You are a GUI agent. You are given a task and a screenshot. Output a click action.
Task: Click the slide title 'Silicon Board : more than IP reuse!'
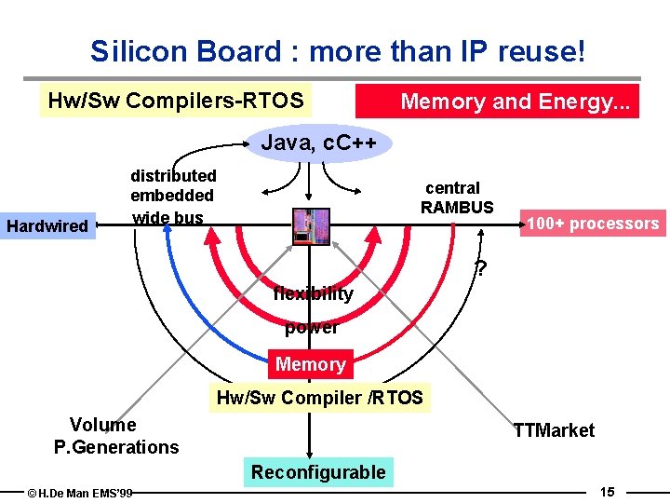click(x=338, y=51)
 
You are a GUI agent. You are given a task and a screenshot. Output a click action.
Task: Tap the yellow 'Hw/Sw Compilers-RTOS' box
click(x=176, y=101)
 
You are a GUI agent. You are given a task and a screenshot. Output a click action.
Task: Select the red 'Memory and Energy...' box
click(x=499, y=102)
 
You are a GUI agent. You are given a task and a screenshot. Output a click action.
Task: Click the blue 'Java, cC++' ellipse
click(x=319, y=144)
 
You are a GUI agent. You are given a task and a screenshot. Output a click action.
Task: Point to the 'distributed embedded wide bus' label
click(x=173, y=197)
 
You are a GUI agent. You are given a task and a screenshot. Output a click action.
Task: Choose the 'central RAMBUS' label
click(x=456, y=197)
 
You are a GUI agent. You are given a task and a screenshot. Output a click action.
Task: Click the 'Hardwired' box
click(x=47, y=225)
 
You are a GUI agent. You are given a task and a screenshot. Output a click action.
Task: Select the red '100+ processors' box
click(x=593, y=224)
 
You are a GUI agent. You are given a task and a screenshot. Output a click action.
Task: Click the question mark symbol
click(x=481, y=269)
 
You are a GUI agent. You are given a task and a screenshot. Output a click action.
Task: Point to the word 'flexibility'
click(x=313, y=294)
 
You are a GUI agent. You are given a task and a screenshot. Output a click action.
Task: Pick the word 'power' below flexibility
click(x=311, y=327)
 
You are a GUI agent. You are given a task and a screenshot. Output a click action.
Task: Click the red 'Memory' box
click(x=311, y=364)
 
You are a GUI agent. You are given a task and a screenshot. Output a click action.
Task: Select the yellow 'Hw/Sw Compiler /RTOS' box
click(x=319, y=399)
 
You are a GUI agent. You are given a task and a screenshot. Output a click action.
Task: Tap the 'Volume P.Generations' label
click(x=115, y=436)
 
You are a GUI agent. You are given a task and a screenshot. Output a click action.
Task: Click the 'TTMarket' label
click(x=554, y=430)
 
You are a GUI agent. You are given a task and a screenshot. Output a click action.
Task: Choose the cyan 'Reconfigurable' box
click(x=317, y=472)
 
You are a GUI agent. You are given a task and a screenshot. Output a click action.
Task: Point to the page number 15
click(x=607, y=491)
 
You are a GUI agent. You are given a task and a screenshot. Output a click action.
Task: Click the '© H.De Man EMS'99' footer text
click(x=80, y=493)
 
